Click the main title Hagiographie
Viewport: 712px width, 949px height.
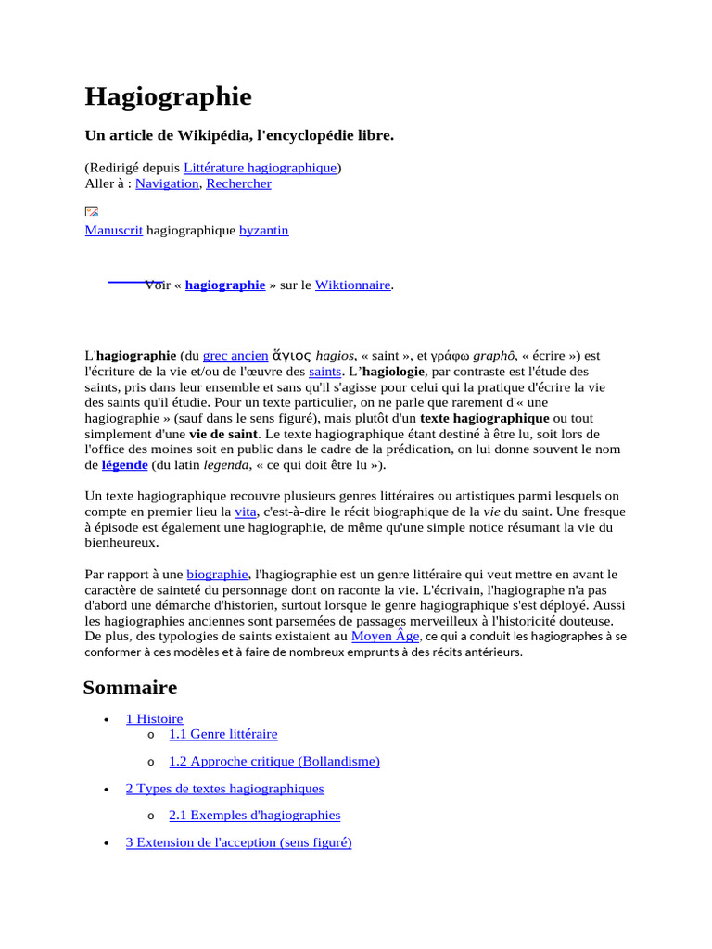pos(168,96)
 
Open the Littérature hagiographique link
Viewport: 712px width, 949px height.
pos(260,168)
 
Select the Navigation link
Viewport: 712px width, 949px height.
pos(167,183)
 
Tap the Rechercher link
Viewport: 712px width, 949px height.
pos(238,183)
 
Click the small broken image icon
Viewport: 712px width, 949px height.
pos(92,211)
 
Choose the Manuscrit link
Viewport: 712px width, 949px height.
pos(113,230)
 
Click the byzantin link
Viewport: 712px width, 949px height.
pos(263,230)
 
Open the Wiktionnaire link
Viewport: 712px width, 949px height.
pos(352,285)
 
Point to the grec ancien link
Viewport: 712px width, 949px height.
pos(235,355)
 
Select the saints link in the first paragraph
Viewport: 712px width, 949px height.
pos(324,371)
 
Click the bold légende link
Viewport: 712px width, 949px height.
pos(124,464)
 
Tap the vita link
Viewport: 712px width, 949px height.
pos(245,512)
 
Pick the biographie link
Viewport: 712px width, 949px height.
pos(217,575)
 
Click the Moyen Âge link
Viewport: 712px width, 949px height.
pos(386,637)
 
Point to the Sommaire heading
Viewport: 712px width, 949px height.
pos(130,687)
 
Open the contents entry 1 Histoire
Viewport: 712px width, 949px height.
pos(154,718)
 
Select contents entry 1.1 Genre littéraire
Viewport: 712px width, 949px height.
pos(222,734)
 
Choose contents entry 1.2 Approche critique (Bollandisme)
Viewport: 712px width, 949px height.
pos(273,761)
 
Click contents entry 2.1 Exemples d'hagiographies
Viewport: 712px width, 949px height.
pos(254,815)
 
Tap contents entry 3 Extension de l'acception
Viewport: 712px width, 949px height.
pos(238,842)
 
